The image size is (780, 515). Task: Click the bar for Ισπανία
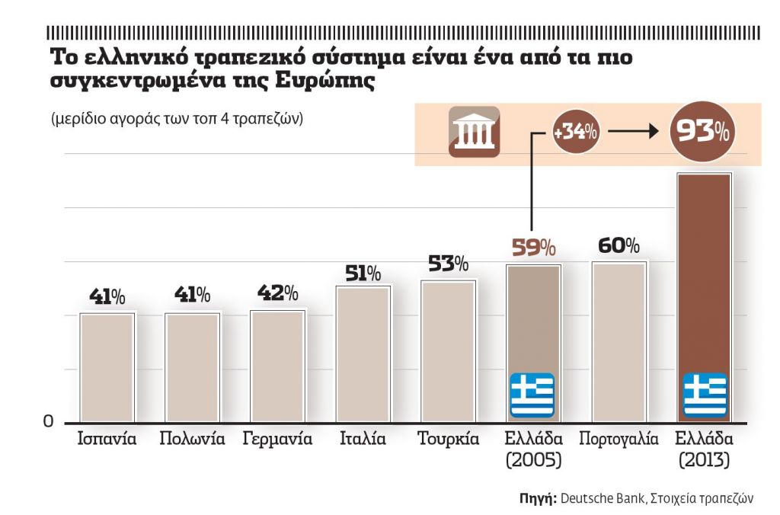(107, 367)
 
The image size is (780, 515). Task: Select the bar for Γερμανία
(278, 366)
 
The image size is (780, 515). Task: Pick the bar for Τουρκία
(449, 350)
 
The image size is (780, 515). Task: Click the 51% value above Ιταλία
(363, 273)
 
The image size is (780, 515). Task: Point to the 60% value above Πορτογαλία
(619, 246)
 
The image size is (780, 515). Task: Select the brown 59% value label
(533, 248)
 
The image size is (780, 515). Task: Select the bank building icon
(474, 132)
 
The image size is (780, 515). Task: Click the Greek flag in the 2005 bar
(532, 395)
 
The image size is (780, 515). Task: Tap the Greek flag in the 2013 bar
(705, 395)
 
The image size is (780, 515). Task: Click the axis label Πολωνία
(192, 440)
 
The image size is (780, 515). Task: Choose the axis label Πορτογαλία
(619, 440)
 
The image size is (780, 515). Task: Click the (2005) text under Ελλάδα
(533, 460)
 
